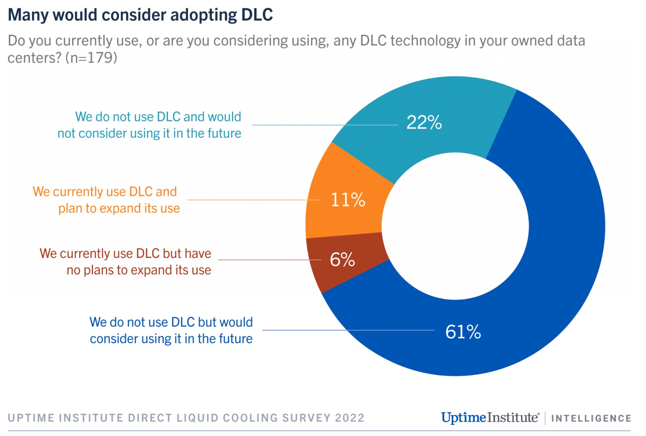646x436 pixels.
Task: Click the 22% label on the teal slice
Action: tap(424, 122)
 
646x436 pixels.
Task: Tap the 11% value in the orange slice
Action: tap(348, 200)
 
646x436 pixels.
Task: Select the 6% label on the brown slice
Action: tap(342, 260)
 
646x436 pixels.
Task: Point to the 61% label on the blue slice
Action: tap(463, 332)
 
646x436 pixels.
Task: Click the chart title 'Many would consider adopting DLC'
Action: tap(140, 15)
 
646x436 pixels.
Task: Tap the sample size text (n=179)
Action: tap(91, 58)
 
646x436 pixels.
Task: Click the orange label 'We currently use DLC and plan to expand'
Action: tap(106, 200)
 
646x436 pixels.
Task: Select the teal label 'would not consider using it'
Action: tap(149, 125)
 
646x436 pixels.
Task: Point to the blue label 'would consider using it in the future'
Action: tap(171, 330)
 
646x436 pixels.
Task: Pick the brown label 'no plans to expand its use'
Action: tap(125, 262)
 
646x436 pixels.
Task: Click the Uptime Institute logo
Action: tap(490, 417)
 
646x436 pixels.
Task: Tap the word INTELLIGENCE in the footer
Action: tap(591, 418)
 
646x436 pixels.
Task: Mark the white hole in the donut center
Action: tap(455, 226)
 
